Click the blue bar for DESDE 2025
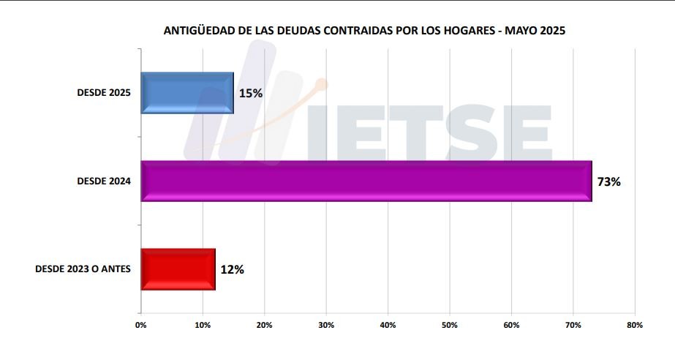(187, 93)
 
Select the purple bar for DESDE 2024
(366, 181)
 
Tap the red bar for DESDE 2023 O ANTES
(178, 269)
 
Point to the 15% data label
(250, 93)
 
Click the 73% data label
(608, 181)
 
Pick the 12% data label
(232, 269)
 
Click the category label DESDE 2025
(104, 93)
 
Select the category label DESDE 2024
(104, 181)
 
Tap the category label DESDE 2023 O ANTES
(83, 269)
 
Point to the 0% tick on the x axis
(141, 325)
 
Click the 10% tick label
(203, 325)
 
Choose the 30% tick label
(326, 325)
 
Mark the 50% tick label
(450, 325)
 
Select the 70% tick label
(573, 325)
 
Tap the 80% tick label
(634, 325)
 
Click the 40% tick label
(388, 325)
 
